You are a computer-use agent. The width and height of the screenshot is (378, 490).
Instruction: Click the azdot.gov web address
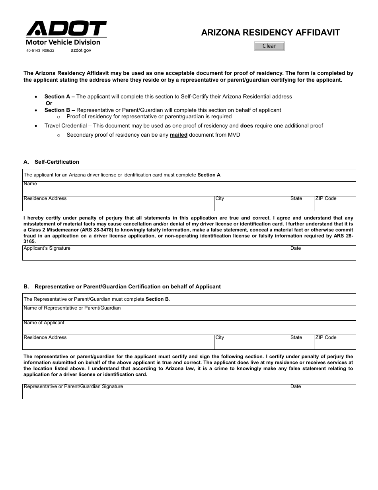(x=81, y=51)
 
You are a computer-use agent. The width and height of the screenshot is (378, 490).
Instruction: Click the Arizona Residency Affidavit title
(x=270, y=33)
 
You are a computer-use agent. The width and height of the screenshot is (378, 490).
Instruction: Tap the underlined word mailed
(x=179, y=135)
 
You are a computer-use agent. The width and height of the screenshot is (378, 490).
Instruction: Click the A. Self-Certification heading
(x=51, y=162)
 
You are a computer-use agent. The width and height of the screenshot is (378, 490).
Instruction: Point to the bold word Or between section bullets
(x=49, y=104)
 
